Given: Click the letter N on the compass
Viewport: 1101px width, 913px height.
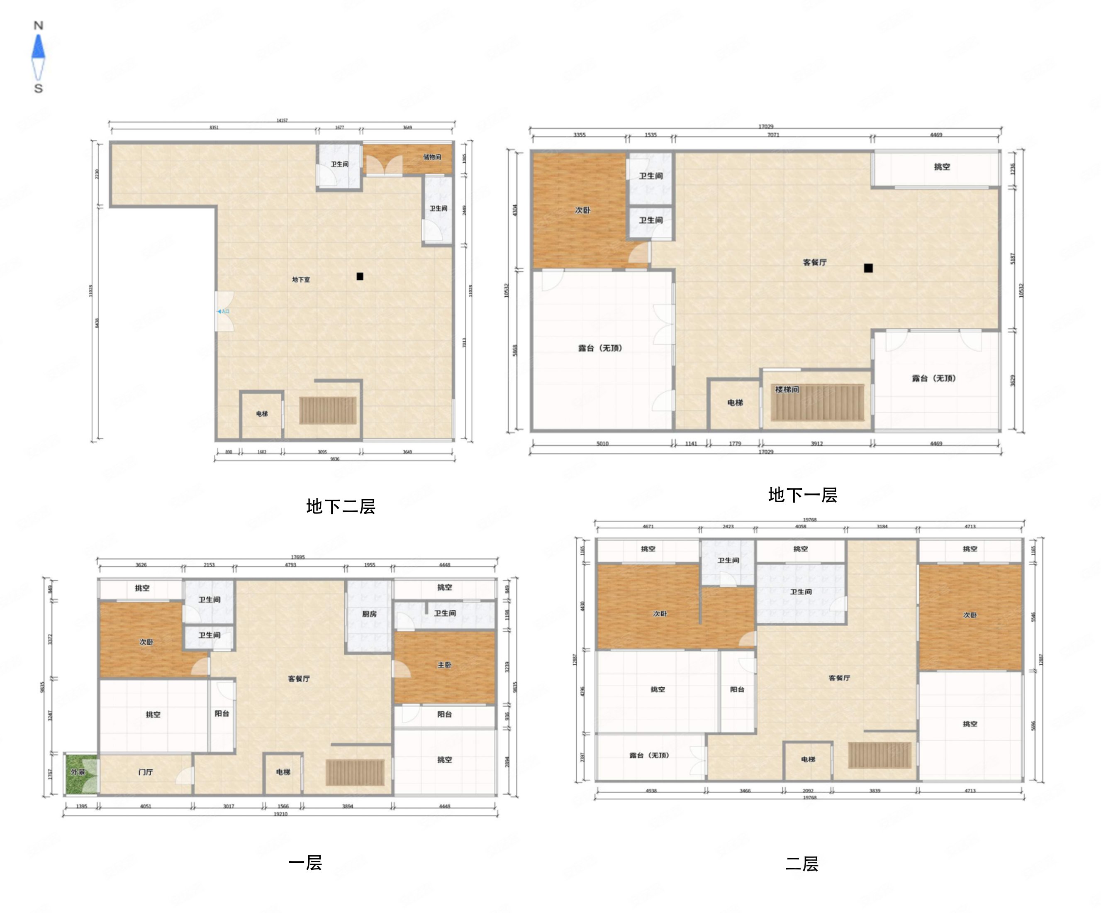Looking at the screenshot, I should coord(38,25).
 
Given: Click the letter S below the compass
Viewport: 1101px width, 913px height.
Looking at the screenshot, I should coord(38,88).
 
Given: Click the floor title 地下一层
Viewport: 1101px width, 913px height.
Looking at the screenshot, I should coord(803,495).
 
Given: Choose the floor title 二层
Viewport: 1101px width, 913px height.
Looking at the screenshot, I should coord(801,864).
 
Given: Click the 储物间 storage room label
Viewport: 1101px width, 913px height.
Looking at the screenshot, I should coord(432,157).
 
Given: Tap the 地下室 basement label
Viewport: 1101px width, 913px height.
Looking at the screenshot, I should coord(301,280).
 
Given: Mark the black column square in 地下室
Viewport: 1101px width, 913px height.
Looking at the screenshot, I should coord(360,276).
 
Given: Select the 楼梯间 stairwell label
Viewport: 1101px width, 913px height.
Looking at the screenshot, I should coord(787,389).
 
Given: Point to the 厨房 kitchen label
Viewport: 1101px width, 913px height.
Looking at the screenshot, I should coord(369,613).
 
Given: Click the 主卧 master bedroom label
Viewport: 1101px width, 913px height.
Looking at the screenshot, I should coord(445,665).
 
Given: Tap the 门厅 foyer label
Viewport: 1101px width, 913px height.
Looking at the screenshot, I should coord(146,772).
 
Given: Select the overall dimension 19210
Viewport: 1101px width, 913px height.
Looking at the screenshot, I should coord(280,814).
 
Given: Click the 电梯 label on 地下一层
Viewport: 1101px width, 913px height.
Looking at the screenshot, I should coord(735,403).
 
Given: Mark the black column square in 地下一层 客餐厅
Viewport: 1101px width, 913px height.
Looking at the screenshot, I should coord(868,268).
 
